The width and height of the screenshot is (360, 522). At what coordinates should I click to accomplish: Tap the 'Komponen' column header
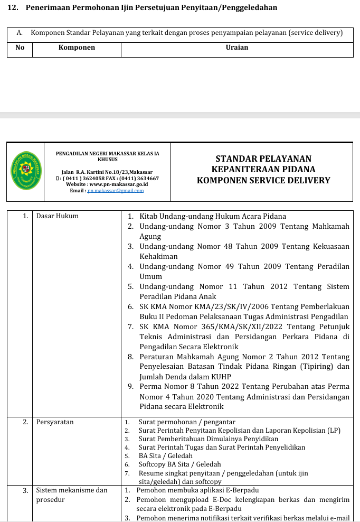pos(77,48)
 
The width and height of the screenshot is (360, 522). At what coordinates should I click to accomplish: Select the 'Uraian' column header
pos(236,48)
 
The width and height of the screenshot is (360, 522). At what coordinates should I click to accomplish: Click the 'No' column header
pos(20,48)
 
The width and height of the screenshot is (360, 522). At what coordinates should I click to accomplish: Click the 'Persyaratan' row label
pos(55,422)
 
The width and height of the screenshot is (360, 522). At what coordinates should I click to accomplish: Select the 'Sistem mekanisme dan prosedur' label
pos(71,495)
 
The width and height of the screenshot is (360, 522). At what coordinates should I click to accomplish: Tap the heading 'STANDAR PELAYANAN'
pos(263,159)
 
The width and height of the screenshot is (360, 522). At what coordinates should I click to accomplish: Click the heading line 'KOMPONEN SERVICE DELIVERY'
pos(263,180)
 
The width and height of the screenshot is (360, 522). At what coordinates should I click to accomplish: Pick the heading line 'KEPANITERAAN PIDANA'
pos(263,170)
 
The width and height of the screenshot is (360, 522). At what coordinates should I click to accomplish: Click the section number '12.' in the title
pos(13,7)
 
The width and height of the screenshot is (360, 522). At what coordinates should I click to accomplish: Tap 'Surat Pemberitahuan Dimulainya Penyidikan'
pos(208,439)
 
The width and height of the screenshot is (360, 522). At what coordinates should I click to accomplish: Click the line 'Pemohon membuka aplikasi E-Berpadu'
pos(197,490)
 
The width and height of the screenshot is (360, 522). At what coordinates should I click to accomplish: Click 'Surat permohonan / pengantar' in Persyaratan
pos(187,422)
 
